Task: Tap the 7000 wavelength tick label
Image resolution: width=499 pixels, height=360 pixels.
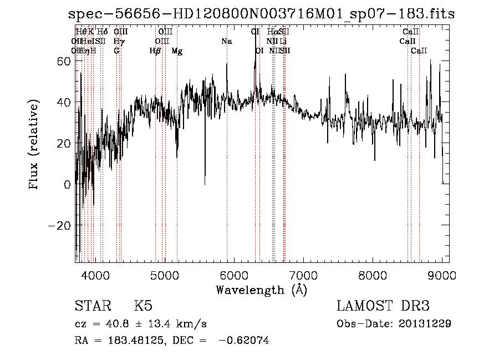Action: click(x=303, y=275)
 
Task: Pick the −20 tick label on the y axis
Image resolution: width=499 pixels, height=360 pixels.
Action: click(x=60, y=225)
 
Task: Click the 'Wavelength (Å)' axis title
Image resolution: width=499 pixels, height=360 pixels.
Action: click(x=261, y=290)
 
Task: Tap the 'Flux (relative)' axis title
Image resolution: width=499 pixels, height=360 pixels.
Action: click(x=34, y=145)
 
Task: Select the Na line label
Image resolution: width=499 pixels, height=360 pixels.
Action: click(x=226, y=41)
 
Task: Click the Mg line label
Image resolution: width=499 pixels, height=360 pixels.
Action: click(x=177, y=51)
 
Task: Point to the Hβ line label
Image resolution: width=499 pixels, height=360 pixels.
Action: click(x=155, y=51)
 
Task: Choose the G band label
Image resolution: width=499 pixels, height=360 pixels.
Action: click(x=116, y=51)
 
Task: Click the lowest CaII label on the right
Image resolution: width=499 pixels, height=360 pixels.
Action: click(x=419, y=51)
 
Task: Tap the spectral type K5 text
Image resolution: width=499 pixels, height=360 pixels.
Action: click(x=143, y=306)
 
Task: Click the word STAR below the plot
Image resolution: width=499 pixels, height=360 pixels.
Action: click(x=92, y=306)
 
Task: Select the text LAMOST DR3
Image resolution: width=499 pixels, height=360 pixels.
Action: click(x=383, y=306)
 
